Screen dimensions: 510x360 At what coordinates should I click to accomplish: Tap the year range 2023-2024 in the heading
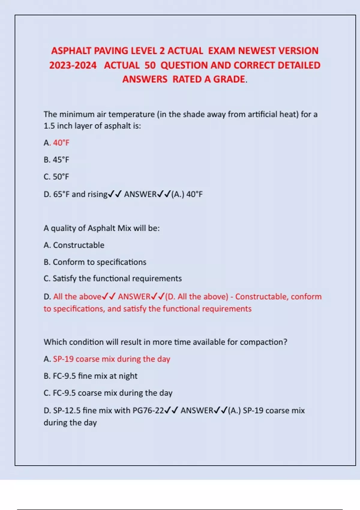[73, 65]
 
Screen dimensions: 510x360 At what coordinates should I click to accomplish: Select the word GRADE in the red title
[229, 79]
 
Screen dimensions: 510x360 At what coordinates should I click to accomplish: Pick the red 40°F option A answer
[61, 142]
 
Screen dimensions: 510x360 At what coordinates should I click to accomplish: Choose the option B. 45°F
[56, 160]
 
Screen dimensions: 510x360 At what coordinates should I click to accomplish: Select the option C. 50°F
[56, 177]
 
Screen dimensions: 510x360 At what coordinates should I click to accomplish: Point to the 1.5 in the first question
[49, 126]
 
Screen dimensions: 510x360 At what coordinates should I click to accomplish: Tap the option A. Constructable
[74, 245]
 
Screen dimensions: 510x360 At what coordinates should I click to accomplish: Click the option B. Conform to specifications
[95, 262]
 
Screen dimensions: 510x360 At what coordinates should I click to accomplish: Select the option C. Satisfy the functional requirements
[113, 278]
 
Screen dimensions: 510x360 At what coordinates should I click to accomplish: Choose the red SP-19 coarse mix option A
[111, 359]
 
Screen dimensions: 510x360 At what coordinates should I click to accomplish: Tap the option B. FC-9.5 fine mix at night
[91, 376]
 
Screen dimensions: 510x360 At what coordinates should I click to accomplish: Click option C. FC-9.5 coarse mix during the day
[108, 393]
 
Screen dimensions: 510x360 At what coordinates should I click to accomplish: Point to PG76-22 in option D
[148, 410]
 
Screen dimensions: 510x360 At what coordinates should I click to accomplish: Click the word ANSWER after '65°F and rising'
[140, 194]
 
